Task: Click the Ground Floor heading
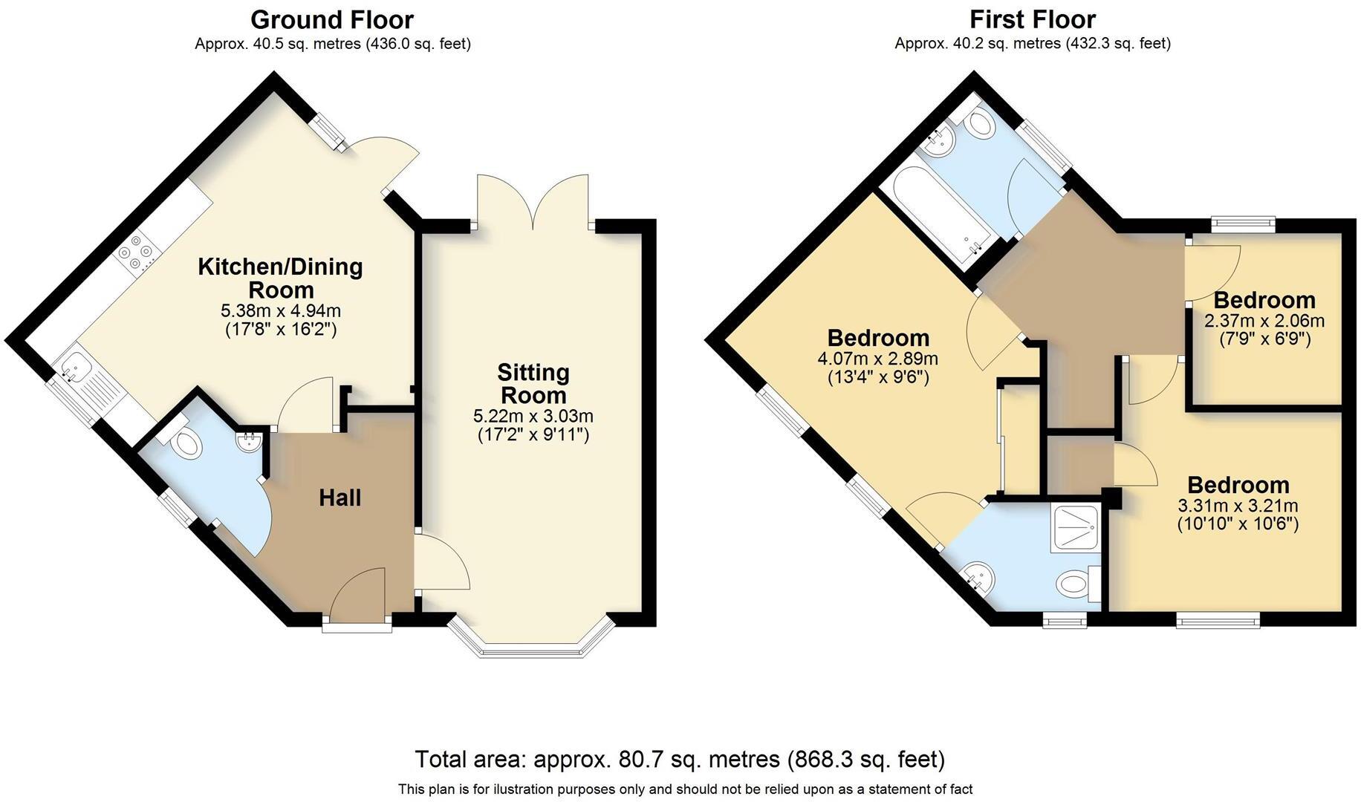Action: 331,19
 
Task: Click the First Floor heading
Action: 1032,19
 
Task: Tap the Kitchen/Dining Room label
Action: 280,278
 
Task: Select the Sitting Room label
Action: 533,383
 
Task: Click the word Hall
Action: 340,498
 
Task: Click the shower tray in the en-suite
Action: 1076,529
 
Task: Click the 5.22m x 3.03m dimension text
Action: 533,416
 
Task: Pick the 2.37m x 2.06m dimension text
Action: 1264,321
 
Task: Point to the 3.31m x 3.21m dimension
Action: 1238,506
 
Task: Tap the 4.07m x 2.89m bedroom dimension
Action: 877,359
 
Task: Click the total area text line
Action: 680,759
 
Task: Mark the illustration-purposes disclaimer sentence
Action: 685,789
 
